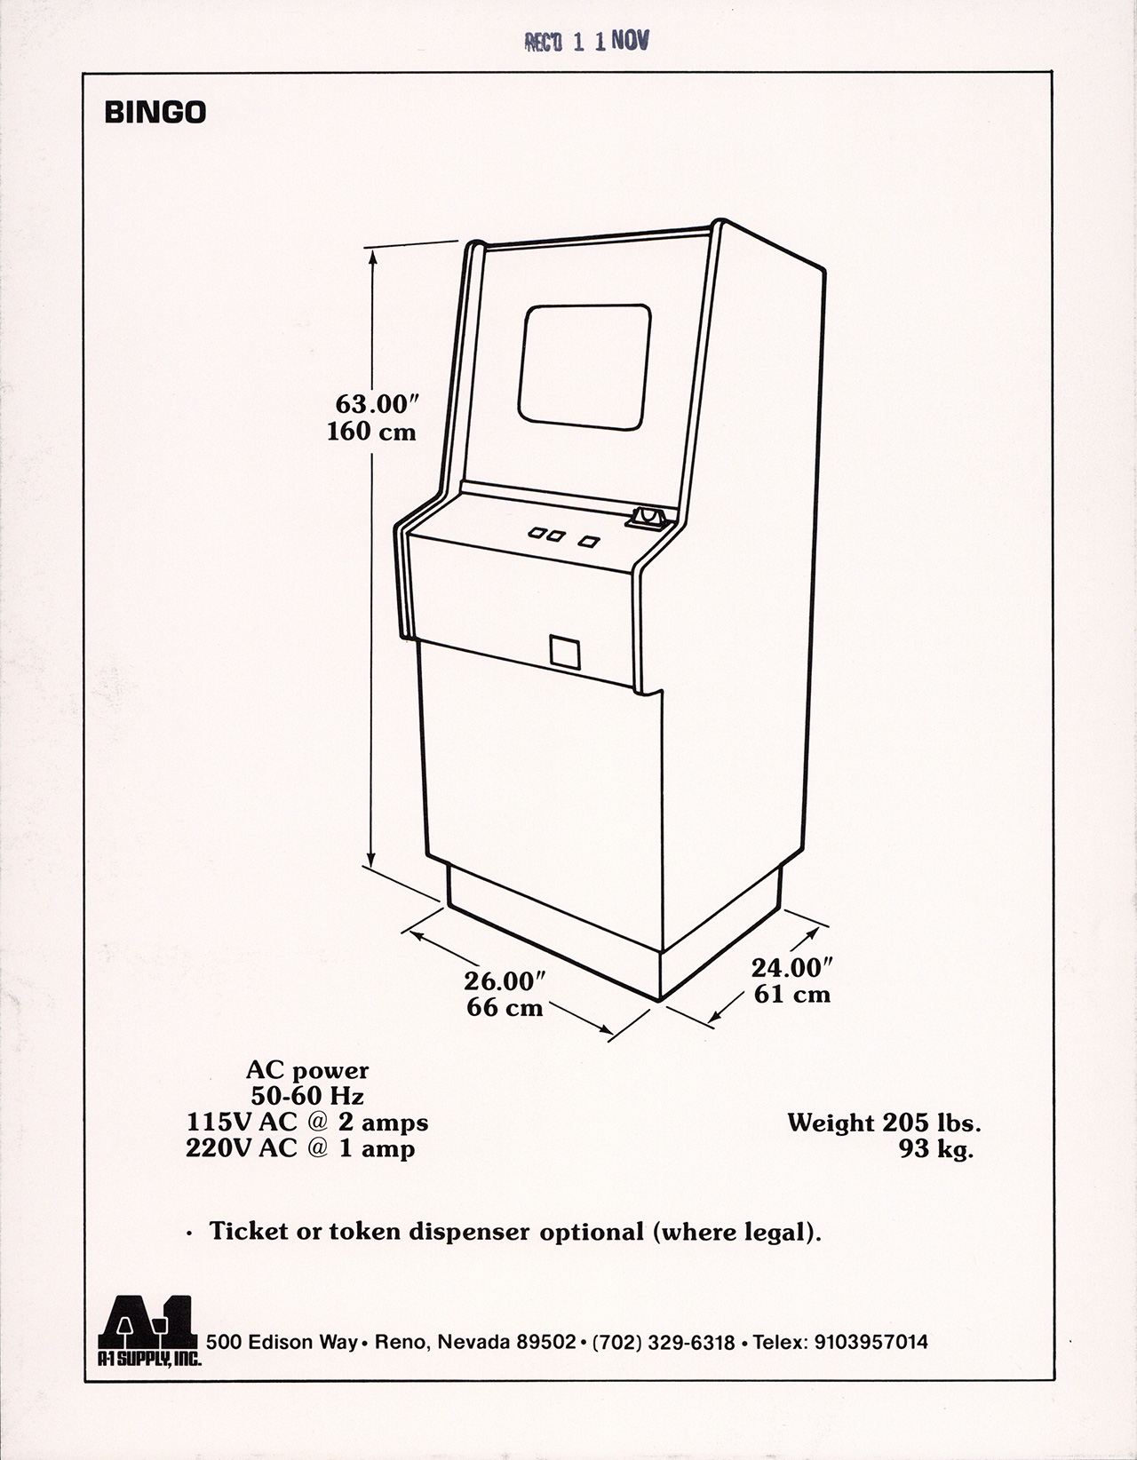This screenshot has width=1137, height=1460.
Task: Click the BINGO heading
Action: click(155, 113)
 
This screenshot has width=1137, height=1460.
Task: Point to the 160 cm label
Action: click(371, 432)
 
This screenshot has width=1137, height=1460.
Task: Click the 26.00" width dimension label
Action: click(504, 981)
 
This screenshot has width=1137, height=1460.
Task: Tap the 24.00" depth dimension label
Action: click(792, 966)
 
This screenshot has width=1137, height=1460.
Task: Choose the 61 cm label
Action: click(792, 994)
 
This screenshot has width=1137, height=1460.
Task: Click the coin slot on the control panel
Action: click(648, 517)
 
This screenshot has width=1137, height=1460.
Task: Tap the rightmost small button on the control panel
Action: click(589, 539)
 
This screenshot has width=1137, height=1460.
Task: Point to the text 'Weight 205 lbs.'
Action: click(884, 1123)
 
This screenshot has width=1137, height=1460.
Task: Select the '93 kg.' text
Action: click(936, 1150)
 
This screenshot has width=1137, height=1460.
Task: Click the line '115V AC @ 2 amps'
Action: click(306, 1123)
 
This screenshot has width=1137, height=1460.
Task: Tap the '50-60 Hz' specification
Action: click(307, 1097)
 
